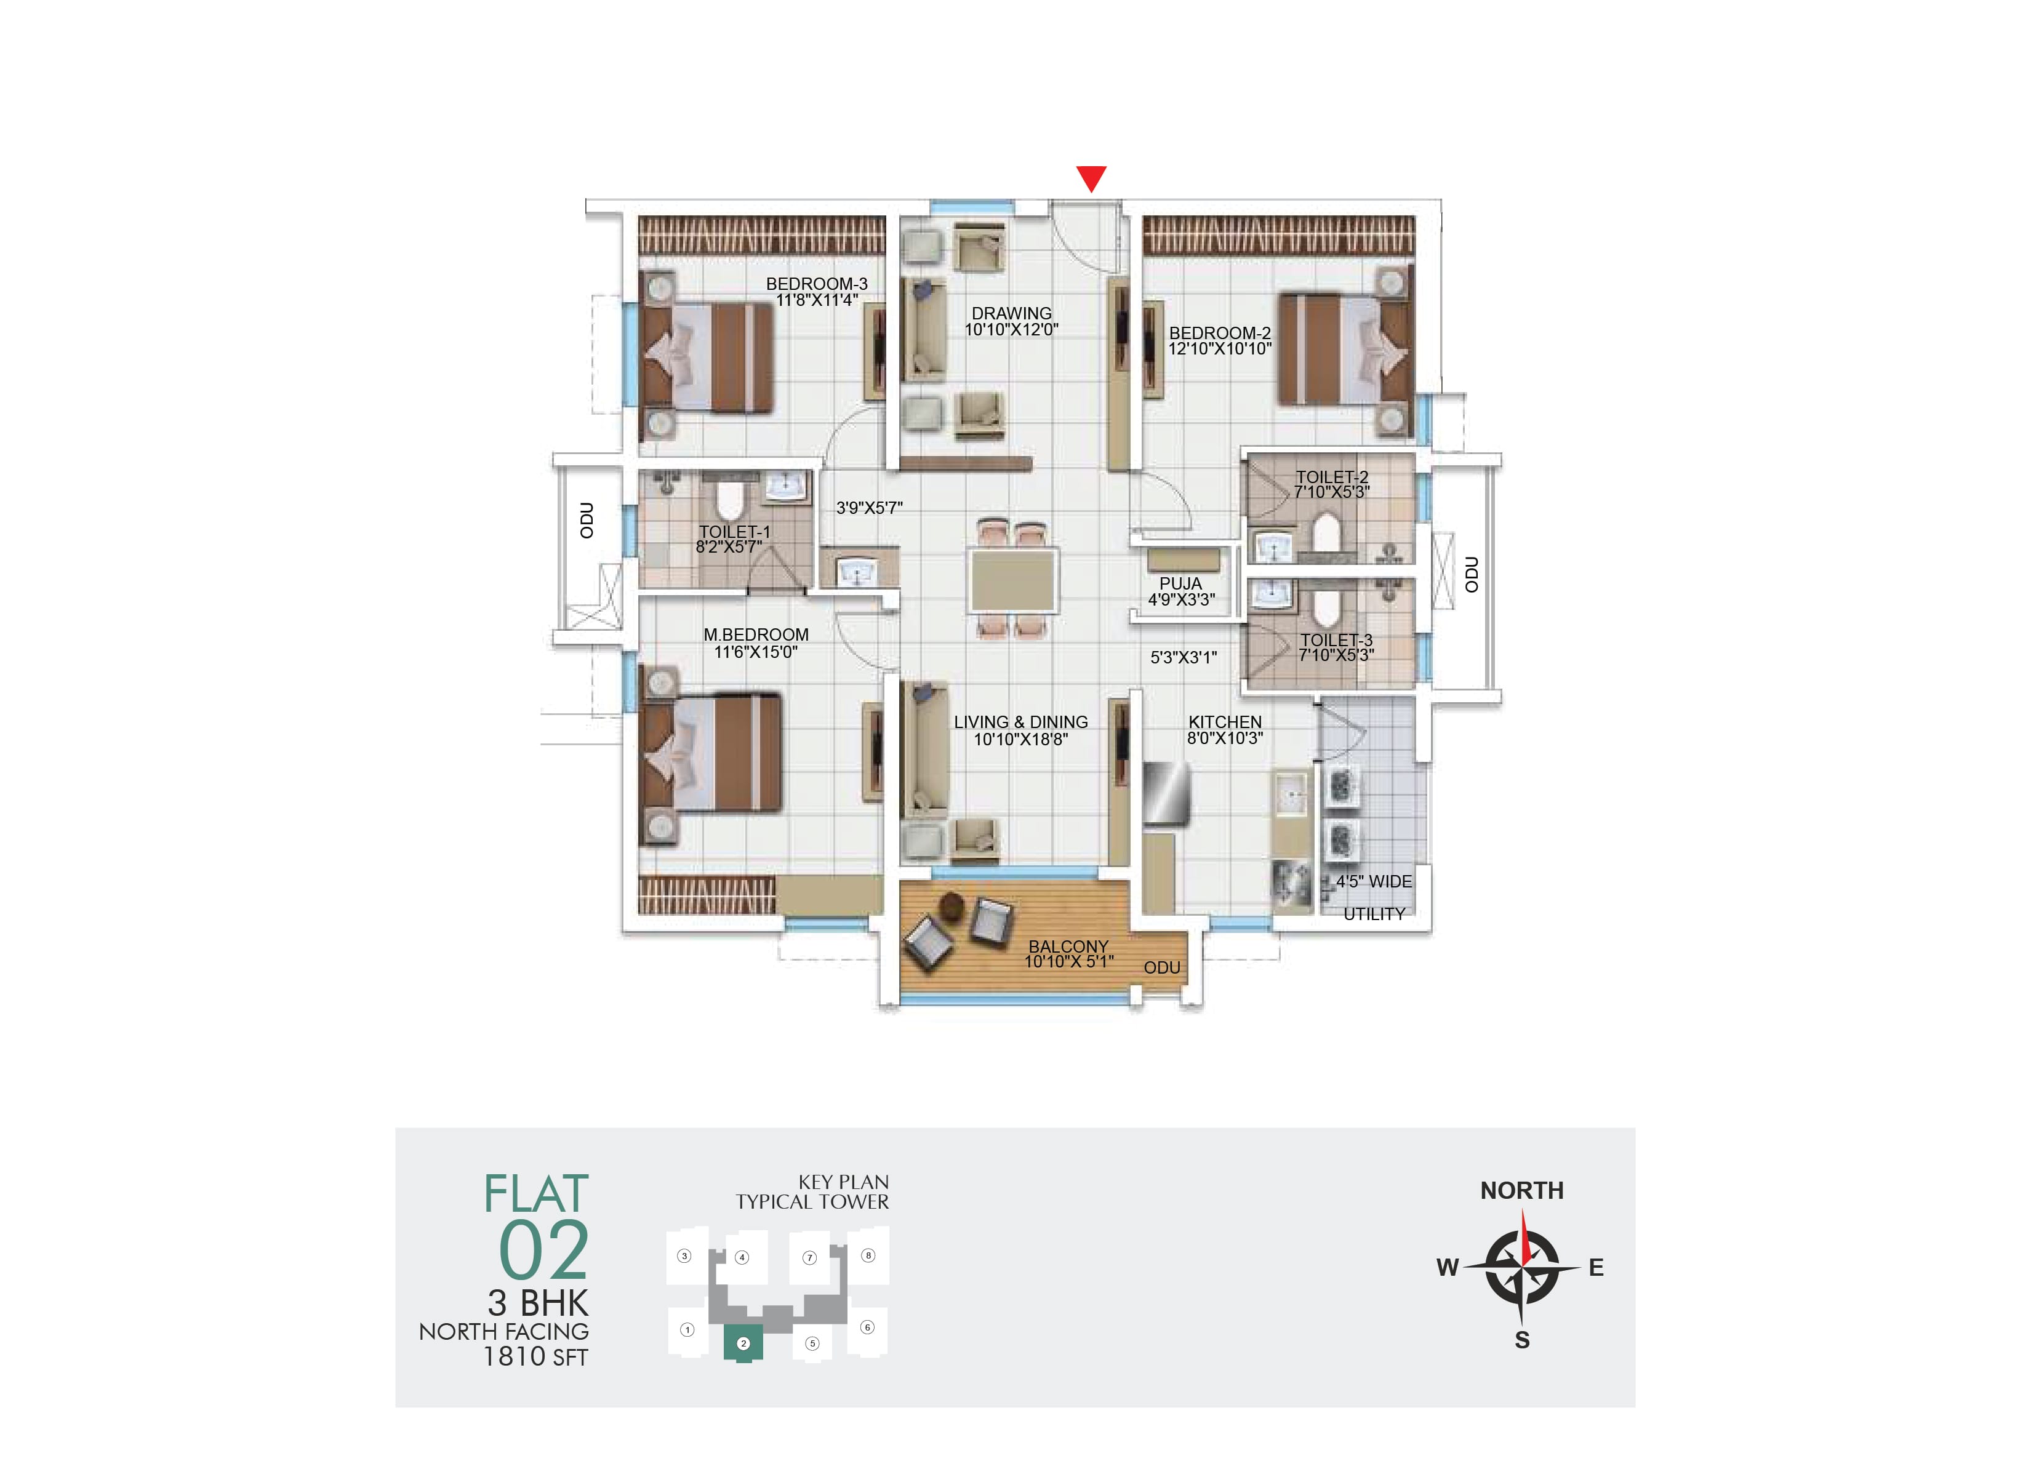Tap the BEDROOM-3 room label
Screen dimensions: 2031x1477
coord(816,284)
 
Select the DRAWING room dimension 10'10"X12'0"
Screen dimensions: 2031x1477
coord(1011,330)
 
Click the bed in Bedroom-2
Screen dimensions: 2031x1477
coord(1344,348)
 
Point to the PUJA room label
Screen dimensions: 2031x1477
coord(1180,583)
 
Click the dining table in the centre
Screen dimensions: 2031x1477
coord(1012,580)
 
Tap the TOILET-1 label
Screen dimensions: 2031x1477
coord(734,532)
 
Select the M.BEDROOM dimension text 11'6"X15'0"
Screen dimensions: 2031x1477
coord(755,652)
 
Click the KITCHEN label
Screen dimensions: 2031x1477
coord(1224,722)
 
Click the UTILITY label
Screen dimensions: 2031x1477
coord(1374,915)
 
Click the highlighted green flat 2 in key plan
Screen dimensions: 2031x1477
coord(743,1343)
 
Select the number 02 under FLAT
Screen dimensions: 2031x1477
coord(543,1251)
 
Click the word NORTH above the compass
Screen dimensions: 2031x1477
coord(1521,1190)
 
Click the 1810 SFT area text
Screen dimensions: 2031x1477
coord(535,1357)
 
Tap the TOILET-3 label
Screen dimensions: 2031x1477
coord(1336,641)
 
